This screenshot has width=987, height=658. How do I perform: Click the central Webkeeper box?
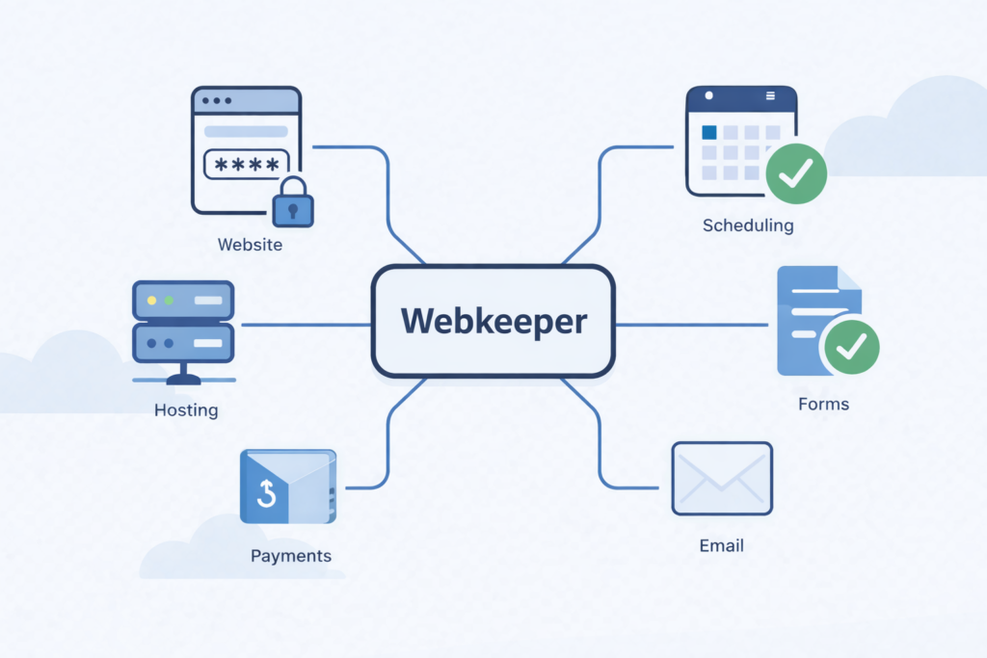click(493, 321)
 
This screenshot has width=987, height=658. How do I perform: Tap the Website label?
click(250, 245)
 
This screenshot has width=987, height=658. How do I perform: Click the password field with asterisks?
click(246, 165)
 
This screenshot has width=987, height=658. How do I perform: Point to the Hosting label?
click(186, 410)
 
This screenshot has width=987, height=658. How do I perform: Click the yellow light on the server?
click(151, 300)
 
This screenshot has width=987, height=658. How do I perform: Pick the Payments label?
click(290, 556)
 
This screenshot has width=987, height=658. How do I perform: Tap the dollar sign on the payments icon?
click(267, 495)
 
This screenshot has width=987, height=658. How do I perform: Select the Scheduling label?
click(748, 226)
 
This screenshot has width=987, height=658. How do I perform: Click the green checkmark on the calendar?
click(796, 172)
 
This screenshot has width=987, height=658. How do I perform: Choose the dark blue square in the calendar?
click(709, 132)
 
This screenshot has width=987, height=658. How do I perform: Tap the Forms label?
click(823, 404)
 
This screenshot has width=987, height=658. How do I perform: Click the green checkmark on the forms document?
click(849, 347)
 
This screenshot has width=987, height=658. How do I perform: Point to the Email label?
click(721, 546)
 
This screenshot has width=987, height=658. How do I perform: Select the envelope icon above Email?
click(722, 478)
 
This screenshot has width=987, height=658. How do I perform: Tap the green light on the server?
click(169, 300)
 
